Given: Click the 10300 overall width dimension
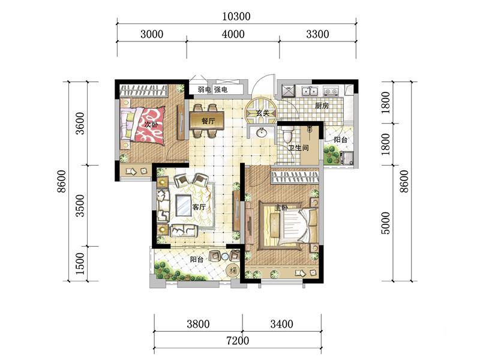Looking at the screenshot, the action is coord(236,16).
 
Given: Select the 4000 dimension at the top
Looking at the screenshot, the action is coord(233,34).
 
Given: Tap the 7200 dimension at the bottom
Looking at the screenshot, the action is coord(238,340).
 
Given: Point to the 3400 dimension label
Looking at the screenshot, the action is coord(281,324).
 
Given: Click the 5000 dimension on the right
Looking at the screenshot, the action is coord(386,223).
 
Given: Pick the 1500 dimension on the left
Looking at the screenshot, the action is coord(79,263).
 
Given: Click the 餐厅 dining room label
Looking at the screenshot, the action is coord(208,121).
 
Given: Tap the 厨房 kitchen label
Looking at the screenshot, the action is coord(322,106).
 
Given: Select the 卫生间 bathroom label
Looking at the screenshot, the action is coord(298,148).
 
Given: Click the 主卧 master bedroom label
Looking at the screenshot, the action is coord(281,208).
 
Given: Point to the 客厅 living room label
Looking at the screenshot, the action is coord(199,207).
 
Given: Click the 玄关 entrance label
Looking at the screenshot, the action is coord(262,113).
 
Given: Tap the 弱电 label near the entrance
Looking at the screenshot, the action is coord(204,89).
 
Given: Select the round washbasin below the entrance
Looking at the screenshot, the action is coord(261,133).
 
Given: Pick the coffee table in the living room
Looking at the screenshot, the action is coord(184,206).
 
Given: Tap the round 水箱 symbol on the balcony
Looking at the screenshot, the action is coord(232,271).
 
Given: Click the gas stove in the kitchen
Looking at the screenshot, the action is coord(331,91).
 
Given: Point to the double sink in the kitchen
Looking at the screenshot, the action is coord(310,91).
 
